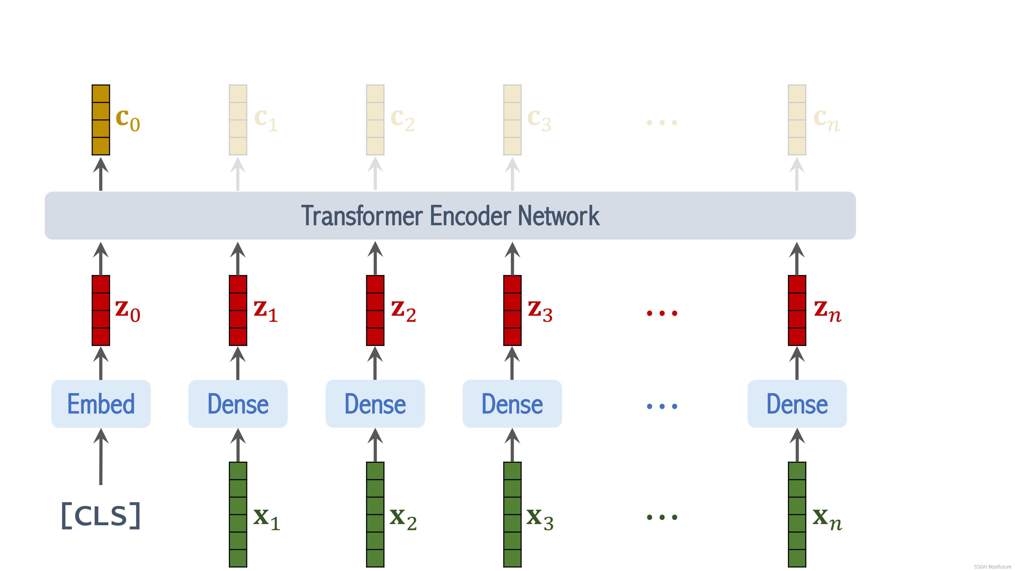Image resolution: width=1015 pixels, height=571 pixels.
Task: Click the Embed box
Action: tap(101, 404)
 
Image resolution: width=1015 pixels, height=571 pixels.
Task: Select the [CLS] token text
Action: tap(101, 515)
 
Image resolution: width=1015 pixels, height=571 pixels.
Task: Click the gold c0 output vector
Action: tap(101, 120)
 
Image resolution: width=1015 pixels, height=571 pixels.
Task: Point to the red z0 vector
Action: tap(101, 311)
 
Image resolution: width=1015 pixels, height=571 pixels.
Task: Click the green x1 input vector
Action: tap(238, 514)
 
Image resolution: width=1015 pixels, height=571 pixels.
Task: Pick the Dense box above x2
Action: tap(375, 404)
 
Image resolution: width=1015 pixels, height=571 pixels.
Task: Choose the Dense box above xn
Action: tap(797, 404)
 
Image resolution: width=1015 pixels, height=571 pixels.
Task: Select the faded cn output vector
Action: tap(797, 120)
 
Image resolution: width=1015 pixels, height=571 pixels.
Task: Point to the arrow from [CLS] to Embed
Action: tap(101, 457)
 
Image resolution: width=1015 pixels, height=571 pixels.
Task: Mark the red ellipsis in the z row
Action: tap(662, 313)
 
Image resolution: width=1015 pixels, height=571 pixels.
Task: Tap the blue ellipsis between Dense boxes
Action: tap(662, 406)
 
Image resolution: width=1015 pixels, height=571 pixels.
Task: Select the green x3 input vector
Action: tap(512, 514)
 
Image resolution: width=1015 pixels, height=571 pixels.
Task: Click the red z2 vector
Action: tap(375, 311)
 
